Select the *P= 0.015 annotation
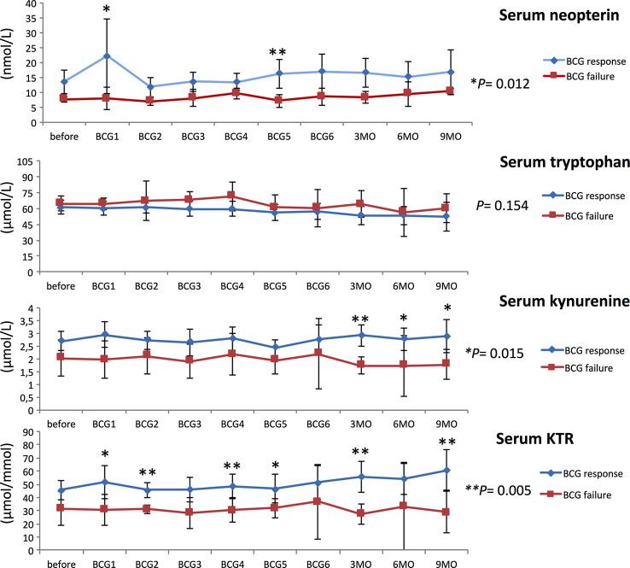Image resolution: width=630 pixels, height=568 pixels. click(499, 352)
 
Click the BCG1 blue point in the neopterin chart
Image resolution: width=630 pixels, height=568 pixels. click(106, 56)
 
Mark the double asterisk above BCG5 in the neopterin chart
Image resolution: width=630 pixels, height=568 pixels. click(277, 53)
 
